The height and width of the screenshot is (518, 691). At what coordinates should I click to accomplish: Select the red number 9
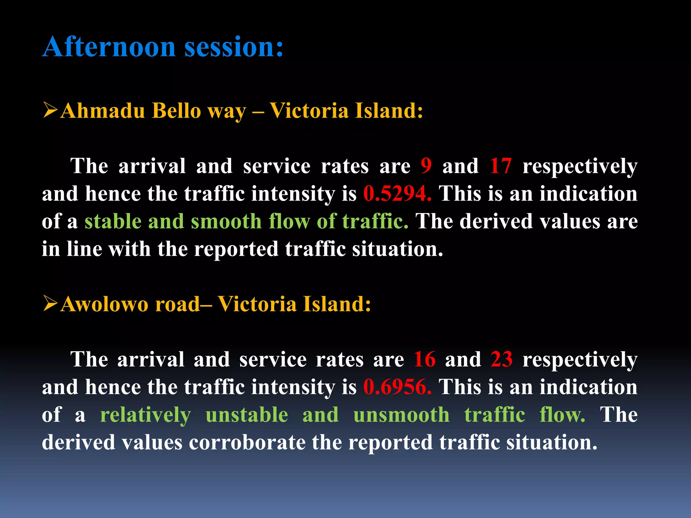pyautogui.click(x=426, y=166)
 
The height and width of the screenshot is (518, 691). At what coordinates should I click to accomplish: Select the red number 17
pyautogui.click(x=501, y=166)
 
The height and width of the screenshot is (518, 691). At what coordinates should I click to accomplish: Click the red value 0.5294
pyautogui.click(x=397, y=194)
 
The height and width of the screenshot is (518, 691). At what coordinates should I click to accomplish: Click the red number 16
pyautogui.click(x=424, y=359)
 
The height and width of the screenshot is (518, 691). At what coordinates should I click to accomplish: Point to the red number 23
pyautogui.click(x=501, y=359)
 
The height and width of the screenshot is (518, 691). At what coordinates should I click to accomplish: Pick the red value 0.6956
pyautogui.click(x=397, y=387)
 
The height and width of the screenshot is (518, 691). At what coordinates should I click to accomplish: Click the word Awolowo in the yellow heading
pyautogui.click(x=104, y=304)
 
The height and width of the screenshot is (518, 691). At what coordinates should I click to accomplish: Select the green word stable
pyautogui.click(x=113, y=222)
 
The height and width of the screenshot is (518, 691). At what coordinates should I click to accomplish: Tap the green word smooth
pyautogui.click(x=226, y=222)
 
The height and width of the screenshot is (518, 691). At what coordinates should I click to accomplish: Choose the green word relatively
pyautogui.click(x=145, y=415)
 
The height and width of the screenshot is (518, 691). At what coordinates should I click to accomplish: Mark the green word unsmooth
pyautogui.click(x=401, y=415)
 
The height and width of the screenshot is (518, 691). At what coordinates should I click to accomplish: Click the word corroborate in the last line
pyautogui.click(x=247, y=442)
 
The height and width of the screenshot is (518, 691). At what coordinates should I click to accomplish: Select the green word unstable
pyautogui.click(x=247, y=415)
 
